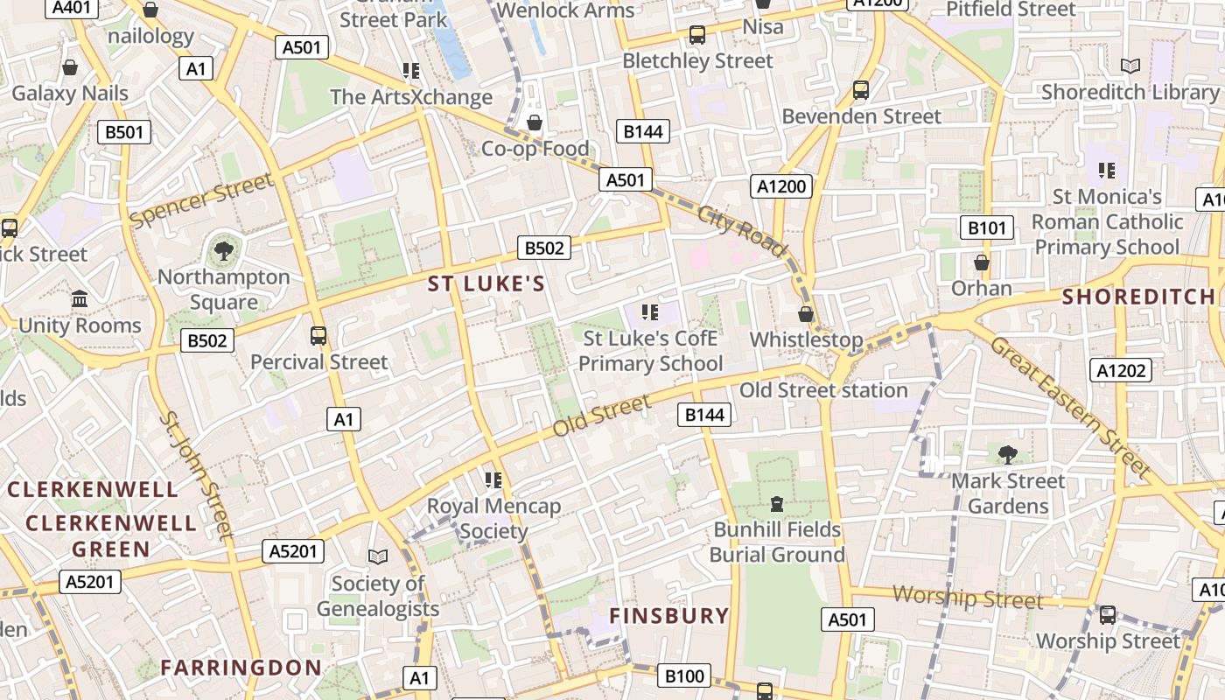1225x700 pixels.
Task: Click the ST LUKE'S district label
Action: (x=486, y=283)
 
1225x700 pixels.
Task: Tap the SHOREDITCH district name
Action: (x=1138, y=297)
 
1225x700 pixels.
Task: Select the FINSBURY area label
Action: (x=669, y=616)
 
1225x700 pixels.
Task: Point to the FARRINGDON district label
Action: (x=241, y=668)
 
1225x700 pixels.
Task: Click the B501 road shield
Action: (x=123, y=132)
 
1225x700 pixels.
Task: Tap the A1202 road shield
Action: (x=1121, y=370)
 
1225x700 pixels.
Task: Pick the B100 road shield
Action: (x=684, y=675)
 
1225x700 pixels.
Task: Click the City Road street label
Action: (x=742, y=230)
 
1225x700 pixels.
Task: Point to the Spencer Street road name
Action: (x=201, y=200)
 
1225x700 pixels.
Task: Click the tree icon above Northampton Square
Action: (x=224, y=252)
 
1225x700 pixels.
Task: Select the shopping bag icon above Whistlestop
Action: (x=806, y=314)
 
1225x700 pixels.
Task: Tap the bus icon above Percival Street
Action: (x=318, y=336)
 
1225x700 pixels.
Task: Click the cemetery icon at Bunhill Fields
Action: (x=776, y=504)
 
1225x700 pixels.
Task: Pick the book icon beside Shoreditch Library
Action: (x=1130, y=66)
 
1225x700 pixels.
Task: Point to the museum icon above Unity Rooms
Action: (x=80, y=299)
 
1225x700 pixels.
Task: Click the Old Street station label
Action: (x=823, y=390)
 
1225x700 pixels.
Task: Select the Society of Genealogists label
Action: (x=378, y=595)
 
